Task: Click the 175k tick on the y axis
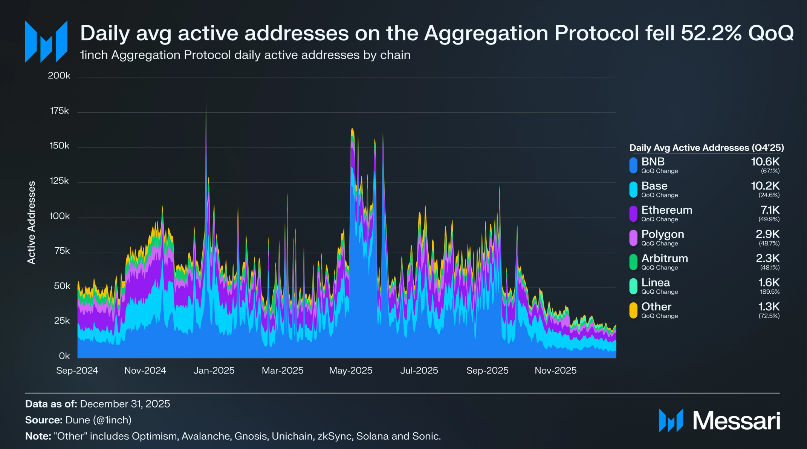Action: [x=60, y=111]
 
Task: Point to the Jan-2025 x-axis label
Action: [x=214, y=371]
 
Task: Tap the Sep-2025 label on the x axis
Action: [x=487, y=371]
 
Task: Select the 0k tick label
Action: [x=64, y=356]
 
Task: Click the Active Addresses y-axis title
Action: [x=32, y=222]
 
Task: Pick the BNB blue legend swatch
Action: [x=633, y=165]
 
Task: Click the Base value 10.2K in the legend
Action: [x=765, y=186]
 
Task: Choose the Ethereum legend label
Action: [x=666, y=210]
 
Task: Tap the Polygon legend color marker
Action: [x=633, y=238]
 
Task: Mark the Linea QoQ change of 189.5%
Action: [x=770, y=292]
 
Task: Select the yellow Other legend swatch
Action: [x=633, y=310]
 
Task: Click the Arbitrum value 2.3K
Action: [x=767, y=258]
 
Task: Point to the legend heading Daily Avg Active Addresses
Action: [x=706, y=148]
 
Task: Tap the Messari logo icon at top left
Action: [x=46, y=41]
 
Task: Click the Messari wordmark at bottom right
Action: [x=736, y=421]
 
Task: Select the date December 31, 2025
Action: [x=125, y=404]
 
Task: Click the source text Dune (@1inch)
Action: [x=98, y=420]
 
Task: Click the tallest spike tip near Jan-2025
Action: [x=206, y=105]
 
